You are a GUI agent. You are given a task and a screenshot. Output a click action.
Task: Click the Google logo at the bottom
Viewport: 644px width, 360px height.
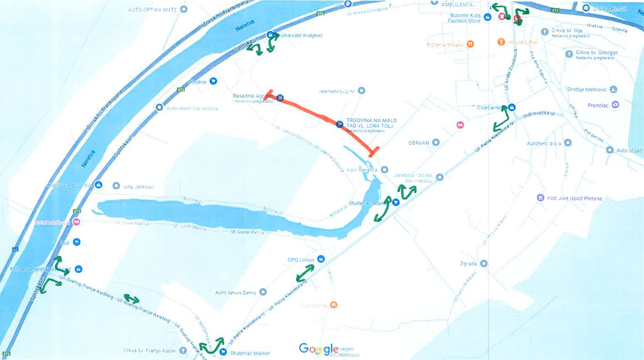click(318, 348)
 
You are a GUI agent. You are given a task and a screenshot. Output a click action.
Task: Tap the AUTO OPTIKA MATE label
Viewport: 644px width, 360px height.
click(153, 10)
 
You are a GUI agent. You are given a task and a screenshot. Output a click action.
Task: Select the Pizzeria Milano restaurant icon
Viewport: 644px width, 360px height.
click(470, 44)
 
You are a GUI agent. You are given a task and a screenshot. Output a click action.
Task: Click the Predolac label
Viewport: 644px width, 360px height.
click(598, 106)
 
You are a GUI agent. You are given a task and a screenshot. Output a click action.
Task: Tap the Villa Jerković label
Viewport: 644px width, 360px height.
click(138, 187)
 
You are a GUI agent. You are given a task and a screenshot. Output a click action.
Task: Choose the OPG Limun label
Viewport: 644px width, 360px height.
click(300, 260)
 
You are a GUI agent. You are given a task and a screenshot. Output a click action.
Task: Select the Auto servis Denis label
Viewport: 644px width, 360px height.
click(235, 293)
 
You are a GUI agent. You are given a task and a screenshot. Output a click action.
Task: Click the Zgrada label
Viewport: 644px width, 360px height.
click(468, 263)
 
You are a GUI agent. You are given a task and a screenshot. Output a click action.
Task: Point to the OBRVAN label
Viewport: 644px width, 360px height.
click(419, 142)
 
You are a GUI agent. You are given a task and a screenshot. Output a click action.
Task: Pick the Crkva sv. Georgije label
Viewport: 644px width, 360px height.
click(597, 53)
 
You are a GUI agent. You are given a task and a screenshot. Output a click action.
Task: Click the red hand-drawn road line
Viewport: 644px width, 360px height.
click(322, 115)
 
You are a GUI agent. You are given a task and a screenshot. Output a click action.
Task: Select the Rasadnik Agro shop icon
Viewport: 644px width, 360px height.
click(280, 97)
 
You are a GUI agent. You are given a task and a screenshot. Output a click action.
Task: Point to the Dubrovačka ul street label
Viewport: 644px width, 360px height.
click(538, 115)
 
